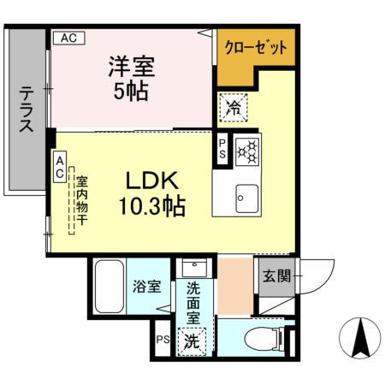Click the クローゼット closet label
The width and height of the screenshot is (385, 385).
[x=256, y=48]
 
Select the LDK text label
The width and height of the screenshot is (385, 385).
[x=152, y=181]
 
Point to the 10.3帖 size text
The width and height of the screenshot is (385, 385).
[x=152, y=205]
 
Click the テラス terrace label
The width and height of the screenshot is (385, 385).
[x=27, y=110]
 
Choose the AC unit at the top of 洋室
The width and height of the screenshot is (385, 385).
[x=69, y=38]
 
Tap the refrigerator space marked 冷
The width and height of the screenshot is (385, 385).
[x=233, y=106]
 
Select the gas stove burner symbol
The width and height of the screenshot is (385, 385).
[x=247, y=151]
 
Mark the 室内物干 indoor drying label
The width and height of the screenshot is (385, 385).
[x=82, y=202]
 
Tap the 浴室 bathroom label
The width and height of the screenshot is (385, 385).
[x=146, y=287]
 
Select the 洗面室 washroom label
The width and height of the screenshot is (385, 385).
[x=194, y=299]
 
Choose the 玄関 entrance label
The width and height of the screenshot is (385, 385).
[x=275, y=276]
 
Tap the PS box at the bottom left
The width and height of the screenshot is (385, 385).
[x=163, y=340]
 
